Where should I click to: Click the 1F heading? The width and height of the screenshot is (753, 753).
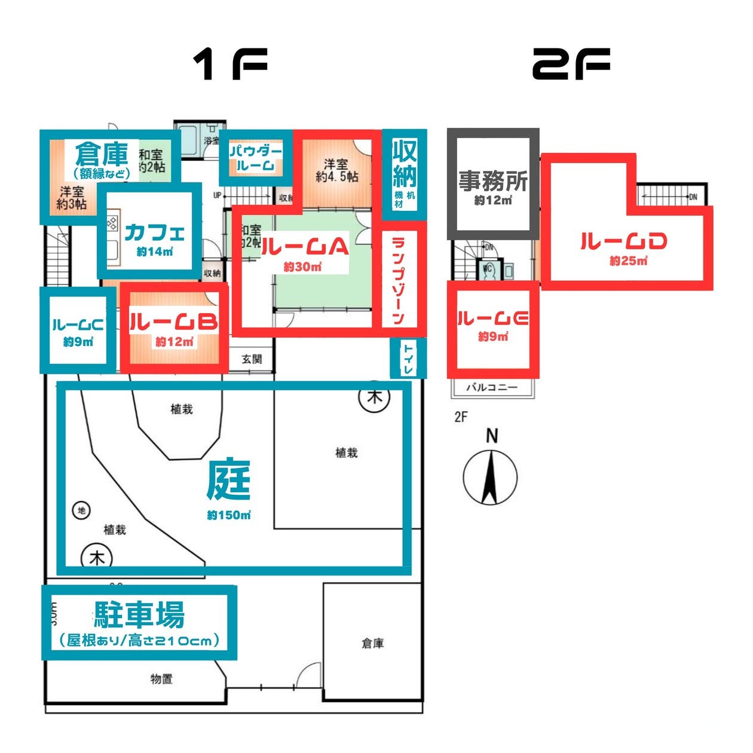coord(230,65)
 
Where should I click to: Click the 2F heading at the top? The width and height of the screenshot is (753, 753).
coord(571,65)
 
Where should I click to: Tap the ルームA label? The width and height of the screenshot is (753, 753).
coord(304,246)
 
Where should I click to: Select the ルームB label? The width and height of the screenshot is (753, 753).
coord(173,322)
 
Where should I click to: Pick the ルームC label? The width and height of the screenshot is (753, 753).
coord(78,325)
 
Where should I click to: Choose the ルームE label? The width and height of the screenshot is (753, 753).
coord(493,319)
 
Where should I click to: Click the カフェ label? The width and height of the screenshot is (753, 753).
coord(155,232)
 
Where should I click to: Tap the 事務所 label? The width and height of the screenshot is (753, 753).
coord(493,180)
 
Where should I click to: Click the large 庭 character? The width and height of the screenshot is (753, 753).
coord(228,481)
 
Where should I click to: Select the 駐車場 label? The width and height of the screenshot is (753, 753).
coord(139,614)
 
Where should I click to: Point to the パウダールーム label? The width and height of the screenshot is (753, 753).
coord(255,158)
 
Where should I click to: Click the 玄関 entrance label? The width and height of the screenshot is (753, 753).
coord(252,359)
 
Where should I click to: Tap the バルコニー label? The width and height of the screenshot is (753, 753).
coord(492,387)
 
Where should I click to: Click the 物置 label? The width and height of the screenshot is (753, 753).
coord(161,679)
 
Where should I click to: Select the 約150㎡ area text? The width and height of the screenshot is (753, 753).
coord(229,515)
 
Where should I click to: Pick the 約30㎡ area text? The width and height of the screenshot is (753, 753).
coord(302,267)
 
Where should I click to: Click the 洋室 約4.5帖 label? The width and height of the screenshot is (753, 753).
coord(336,170)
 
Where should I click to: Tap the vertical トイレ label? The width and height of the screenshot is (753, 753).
coord(409,359)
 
